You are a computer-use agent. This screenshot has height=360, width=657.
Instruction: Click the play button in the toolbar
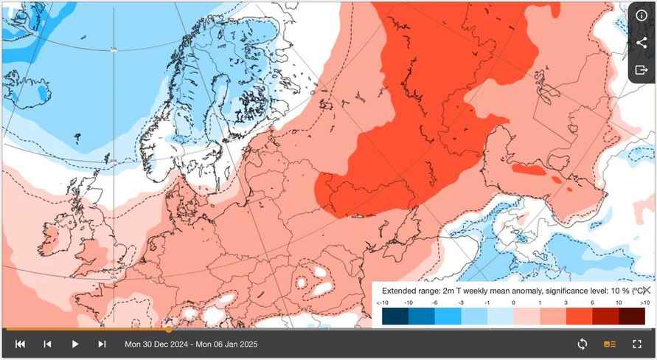tap(74, 344)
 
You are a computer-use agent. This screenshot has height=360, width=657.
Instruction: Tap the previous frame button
tap(47, 344)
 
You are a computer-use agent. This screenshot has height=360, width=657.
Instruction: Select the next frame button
tap(102, 344)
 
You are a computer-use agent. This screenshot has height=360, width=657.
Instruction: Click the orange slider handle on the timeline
tap(169, 329)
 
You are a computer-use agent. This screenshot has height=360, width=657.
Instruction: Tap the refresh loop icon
tap(582, 344)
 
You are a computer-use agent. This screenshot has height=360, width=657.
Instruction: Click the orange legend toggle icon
tap(609, 344)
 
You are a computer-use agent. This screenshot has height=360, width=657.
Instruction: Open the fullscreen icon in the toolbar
tap(637, 344)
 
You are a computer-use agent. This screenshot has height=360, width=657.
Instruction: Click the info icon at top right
tap(642, 15)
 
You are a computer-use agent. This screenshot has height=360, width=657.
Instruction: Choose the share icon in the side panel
tap(642, 43)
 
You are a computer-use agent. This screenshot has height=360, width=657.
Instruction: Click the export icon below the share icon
tap(642, 69)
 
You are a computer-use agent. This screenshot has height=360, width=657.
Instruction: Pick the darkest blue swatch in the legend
tap(394, 316)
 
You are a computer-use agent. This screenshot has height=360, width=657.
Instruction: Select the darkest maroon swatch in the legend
tap(632, 316)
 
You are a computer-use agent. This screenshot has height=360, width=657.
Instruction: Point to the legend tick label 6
tap(592, 303)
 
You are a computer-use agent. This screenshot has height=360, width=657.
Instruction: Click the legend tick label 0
tap(513, 303)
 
